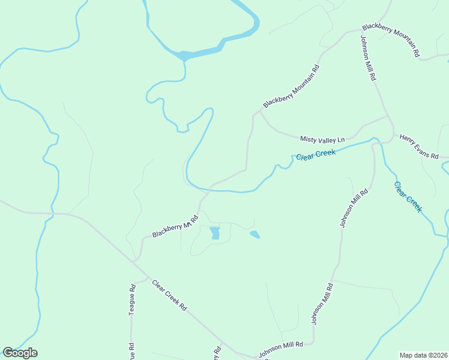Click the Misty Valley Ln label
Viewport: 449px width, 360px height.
click(x=322, y=139)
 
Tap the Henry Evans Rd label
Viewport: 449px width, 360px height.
click(x=419, y=146)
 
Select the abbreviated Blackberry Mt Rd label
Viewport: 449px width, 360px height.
click(x=175, y=227)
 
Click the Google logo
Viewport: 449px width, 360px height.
click(x=20, y=353)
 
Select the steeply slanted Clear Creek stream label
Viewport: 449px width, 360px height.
click(x=408, y=197)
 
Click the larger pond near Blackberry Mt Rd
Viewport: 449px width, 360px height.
click(x=214, y=233)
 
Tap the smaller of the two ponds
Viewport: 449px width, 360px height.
click(x=255, y=234)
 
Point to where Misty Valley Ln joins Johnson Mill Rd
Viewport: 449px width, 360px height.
click(x=387, y=116)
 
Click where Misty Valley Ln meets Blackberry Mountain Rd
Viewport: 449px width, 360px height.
click(x=260, y=111)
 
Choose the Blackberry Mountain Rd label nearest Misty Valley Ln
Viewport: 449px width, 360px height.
click(x=291, y=87)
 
